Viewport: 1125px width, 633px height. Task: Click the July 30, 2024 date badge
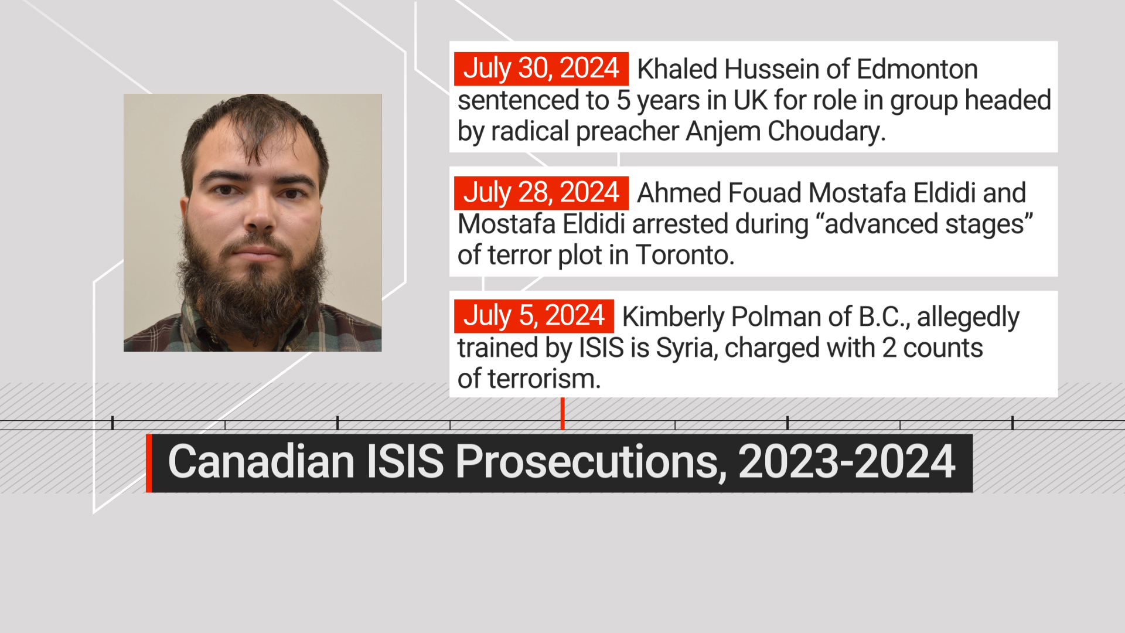coord(541,69)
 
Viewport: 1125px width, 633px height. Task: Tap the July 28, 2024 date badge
coord(541,193)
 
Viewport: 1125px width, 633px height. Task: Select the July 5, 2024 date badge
coord(534,316)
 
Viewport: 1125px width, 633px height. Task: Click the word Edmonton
coord(917,69)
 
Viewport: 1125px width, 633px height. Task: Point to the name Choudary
coord(826,131)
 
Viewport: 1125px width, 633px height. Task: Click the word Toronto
coord(684,255)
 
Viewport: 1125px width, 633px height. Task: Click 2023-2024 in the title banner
coord(847,462)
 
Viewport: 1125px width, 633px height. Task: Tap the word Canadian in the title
coord(261,462)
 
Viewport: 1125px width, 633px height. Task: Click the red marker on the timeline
coord(562,413)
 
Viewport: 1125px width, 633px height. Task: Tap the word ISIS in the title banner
coord(405,462)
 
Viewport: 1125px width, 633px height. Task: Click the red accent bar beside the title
coord(149,463)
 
